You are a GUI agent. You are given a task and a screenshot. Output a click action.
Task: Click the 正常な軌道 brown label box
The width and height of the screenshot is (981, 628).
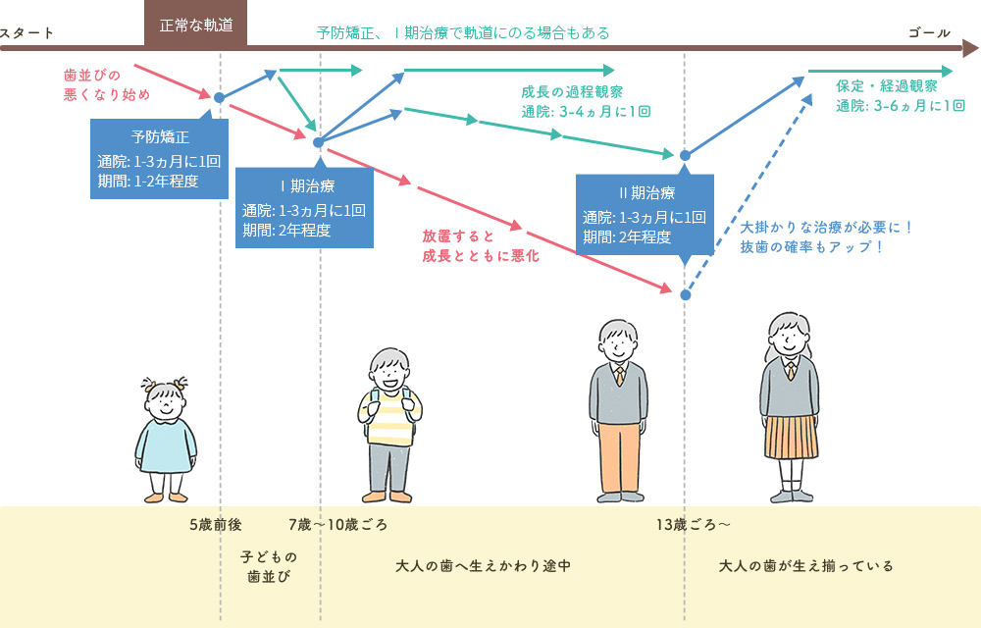[195, 25]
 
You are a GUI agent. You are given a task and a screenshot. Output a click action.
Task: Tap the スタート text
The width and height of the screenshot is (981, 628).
[26, 33]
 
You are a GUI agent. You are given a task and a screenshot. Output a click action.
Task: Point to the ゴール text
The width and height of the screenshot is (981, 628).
[929, 33]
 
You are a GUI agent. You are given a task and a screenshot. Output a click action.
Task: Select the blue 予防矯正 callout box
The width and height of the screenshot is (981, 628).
[159, 158]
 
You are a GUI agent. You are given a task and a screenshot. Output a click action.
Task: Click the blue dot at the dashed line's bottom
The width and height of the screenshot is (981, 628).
[686, 294]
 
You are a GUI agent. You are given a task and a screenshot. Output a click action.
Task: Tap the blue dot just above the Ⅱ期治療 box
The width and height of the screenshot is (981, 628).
[686, 155]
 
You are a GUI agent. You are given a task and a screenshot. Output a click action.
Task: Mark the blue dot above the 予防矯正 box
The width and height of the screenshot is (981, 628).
[219, 97]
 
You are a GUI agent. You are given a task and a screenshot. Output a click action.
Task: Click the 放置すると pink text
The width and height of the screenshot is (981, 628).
[458, 236]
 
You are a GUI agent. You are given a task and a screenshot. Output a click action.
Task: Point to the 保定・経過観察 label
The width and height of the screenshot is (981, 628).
[887, 86]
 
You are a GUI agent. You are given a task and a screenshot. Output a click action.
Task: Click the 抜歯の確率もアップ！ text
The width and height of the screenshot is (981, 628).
[813, 246]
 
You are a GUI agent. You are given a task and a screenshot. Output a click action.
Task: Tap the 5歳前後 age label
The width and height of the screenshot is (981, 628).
[215, 524]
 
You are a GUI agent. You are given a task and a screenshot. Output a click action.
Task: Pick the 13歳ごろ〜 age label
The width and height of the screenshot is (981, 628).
[694, 524]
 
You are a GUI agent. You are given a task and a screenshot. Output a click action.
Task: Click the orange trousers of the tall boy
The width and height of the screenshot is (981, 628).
[619, 457]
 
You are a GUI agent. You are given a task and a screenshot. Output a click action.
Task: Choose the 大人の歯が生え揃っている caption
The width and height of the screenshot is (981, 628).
[805, 566]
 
